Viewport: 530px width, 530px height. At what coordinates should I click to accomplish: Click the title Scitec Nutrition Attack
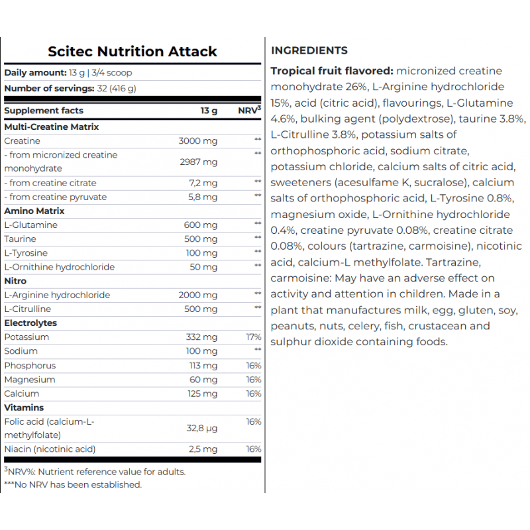(132, 51)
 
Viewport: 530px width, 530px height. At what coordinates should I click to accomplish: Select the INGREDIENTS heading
(309, 50)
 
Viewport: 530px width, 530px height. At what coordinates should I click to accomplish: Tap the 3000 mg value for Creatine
(197, 141)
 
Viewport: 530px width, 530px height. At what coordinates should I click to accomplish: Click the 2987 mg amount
(197, 162)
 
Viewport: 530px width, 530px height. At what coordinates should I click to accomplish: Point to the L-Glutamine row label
(30, 225)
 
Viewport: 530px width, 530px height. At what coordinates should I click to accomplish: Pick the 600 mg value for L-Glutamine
(200, 225)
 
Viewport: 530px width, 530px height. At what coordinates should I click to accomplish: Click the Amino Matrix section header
(34, 211)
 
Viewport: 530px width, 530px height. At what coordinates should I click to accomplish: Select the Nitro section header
(15, 281)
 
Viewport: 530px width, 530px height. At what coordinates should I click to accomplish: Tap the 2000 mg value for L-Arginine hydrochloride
(197, 295)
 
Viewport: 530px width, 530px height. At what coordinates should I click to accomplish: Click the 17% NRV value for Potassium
(253, 337)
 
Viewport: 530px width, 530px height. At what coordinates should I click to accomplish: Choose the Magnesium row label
(29, 380)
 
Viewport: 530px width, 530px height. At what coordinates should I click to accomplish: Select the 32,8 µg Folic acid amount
(201, 429)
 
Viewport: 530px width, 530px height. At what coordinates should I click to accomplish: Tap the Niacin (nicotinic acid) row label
(50, 449)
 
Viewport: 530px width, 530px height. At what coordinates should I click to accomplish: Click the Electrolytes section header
(30, 323)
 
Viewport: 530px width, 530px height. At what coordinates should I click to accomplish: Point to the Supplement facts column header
(44, 111)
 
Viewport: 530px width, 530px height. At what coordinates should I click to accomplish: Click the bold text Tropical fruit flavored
(332, 71)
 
